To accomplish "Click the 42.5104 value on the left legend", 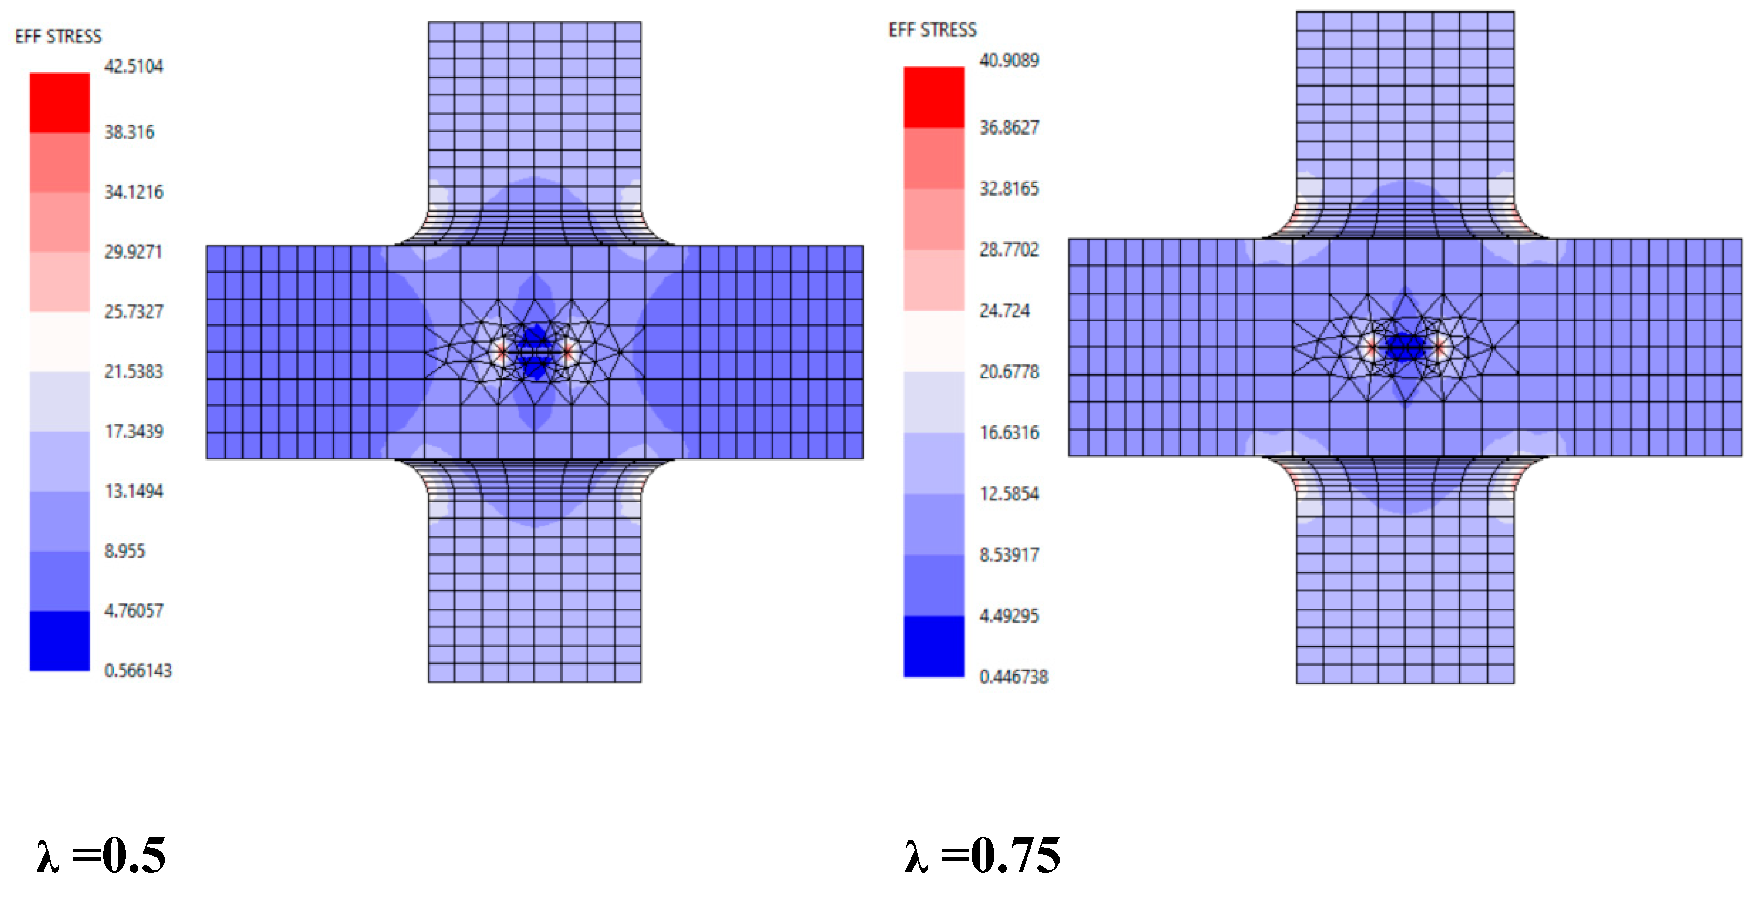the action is coord(134,66).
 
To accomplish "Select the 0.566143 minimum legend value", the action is coord(138,670).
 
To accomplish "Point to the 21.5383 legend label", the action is coord(134,371).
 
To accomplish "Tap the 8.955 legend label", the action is coord(125,550).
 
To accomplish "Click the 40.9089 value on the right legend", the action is coord(1009,60).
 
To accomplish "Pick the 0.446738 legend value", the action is coord(1014,676).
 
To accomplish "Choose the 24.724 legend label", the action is coord(1004,310).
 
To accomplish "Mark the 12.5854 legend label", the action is coord(1009,493).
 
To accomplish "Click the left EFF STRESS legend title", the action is coord(58,36).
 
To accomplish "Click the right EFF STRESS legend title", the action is coord(932,29).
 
